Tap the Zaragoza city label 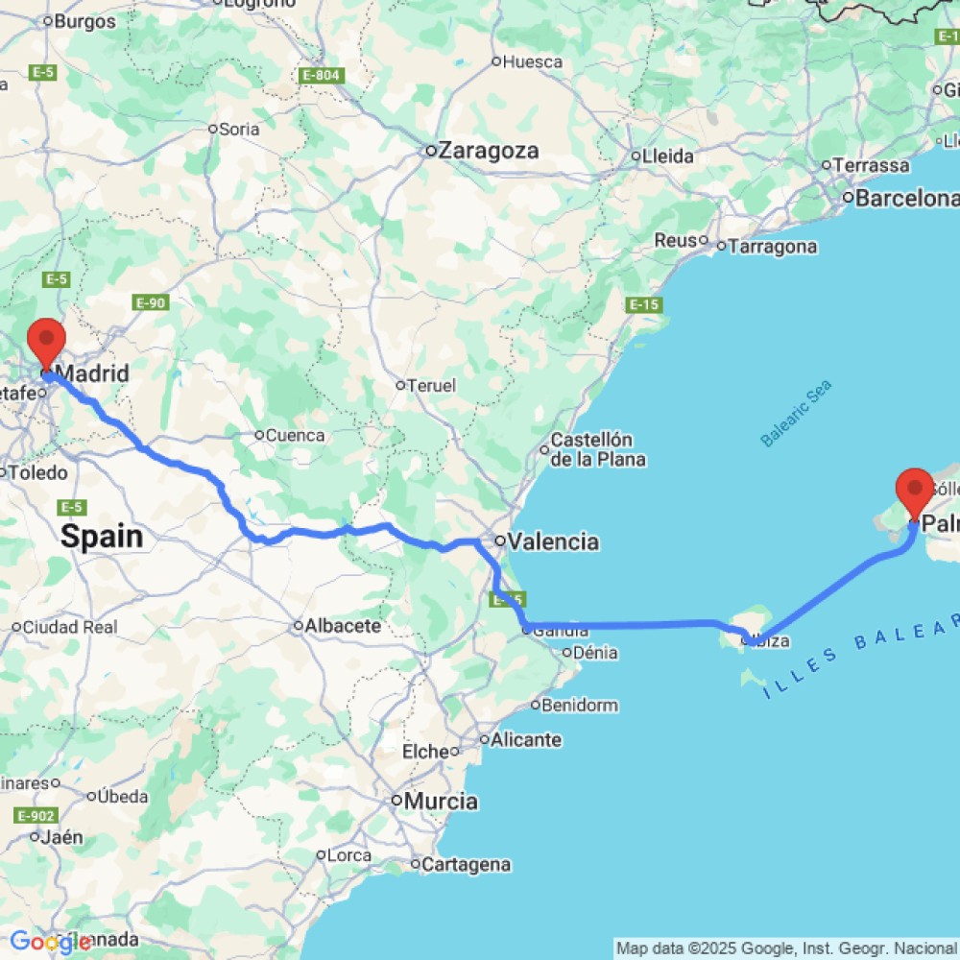(489, 151)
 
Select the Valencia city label (553, 541)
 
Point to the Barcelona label (906, 199)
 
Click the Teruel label (431, 385)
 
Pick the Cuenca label (295, 435)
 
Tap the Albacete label (343, 626)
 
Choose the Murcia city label (442, 801)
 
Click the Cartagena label (467, 864)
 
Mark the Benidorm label (579, 706)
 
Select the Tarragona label (773, 247)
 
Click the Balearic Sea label (796, 413)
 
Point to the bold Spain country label (102, 537)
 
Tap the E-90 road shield (152, 303)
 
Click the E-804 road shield (321, 75)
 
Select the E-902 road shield (34, 816)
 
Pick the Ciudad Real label (70, 627)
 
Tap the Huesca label (533, 61)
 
